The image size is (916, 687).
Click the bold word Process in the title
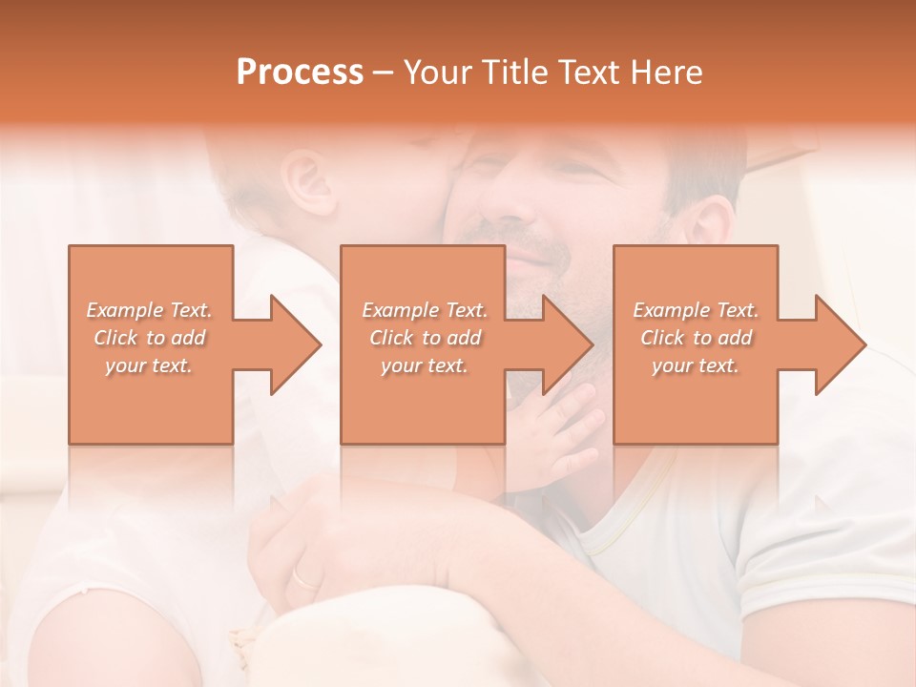[x=300, y=73]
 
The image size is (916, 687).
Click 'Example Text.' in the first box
[x=150, y=310]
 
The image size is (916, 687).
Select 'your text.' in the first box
[x=150, y=365]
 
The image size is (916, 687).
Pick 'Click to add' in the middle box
[x=425, y=338]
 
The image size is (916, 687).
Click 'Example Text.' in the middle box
[x=425, y=310]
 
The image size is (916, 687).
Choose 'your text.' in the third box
[x=696, y=365]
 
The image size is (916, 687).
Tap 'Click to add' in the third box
[x=696, y=338]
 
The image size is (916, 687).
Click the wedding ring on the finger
[x=306, y=577]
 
